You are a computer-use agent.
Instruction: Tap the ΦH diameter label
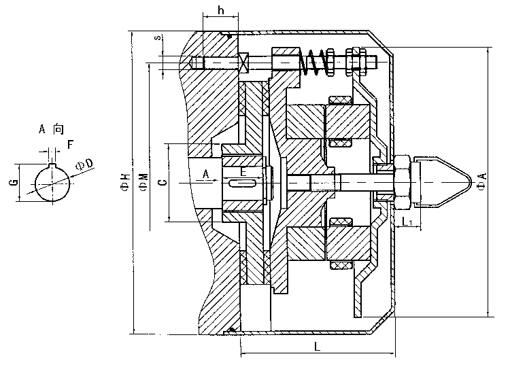124,181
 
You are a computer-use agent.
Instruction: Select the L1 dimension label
407,222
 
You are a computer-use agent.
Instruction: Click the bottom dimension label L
318,347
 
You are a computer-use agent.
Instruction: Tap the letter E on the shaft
243,172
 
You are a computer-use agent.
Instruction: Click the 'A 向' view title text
51,129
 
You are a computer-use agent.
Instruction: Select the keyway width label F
69,145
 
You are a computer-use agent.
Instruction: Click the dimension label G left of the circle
14,182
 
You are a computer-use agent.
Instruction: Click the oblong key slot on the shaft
243,183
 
